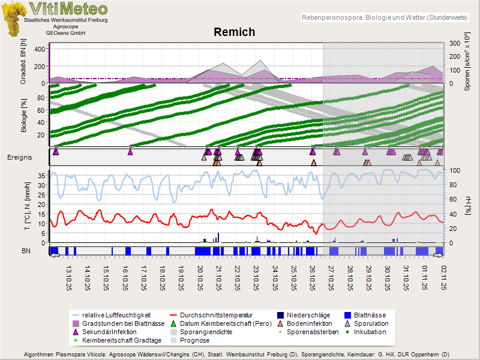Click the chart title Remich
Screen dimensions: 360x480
(x=234, y=32)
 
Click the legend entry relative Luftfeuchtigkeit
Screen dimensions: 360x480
(x=111, y=314)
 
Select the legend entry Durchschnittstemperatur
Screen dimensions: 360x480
(x=216, y=314)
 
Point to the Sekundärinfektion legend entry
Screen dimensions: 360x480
(x=108, y=331)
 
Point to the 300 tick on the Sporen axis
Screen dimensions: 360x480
(x=454, y=43)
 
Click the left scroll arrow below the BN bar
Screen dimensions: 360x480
(x=54, y=256)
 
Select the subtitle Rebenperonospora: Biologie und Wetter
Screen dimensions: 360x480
(x=384, y=19)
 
